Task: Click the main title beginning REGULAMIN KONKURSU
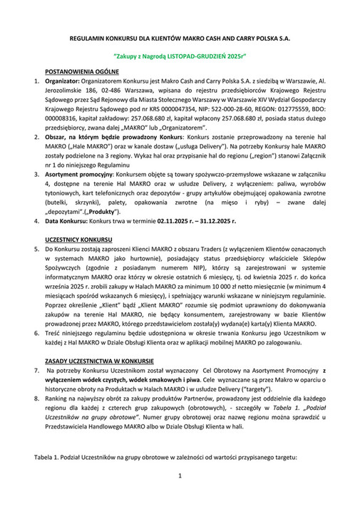[180, 34]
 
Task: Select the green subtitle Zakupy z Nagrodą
[180, 55]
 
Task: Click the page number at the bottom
[180, 475]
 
